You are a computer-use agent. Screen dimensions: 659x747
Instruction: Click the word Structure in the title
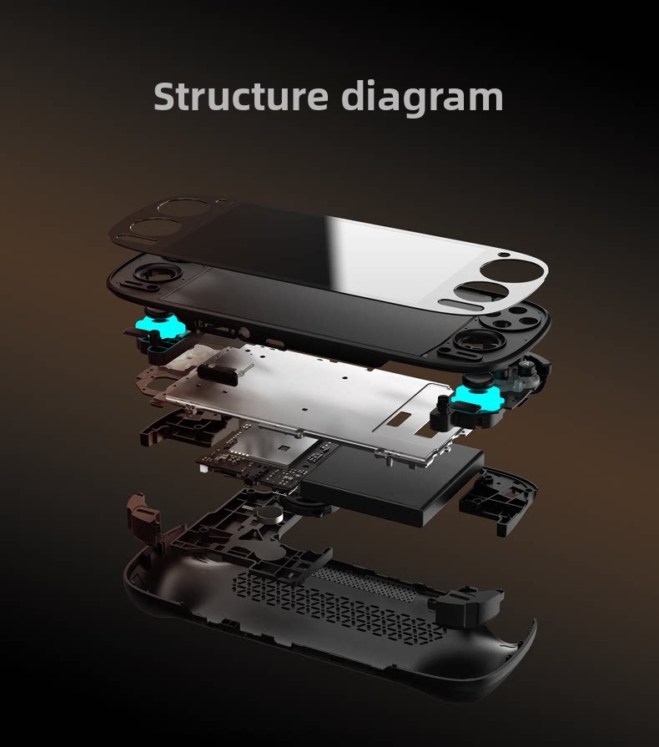(x=241, y=96)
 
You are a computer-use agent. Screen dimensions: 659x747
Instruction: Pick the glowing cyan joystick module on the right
(x=475, y=398)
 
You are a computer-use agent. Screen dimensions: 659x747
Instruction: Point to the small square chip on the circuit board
(x=284, y=448)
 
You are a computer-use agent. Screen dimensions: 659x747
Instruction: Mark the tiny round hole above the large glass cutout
(x=504, y=255)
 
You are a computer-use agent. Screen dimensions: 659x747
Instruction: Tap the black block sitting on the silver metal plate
(x=217, y=375)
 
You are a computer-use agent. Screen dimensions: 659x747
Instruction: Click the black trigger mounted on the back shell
(x=466, y=605)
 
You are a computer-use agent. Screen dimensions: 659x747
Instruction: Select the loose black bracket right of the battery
(x=497, y=499)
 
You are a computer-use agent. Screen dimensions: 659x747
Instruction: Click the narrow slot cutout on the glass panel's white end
(x=460, y=305)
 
